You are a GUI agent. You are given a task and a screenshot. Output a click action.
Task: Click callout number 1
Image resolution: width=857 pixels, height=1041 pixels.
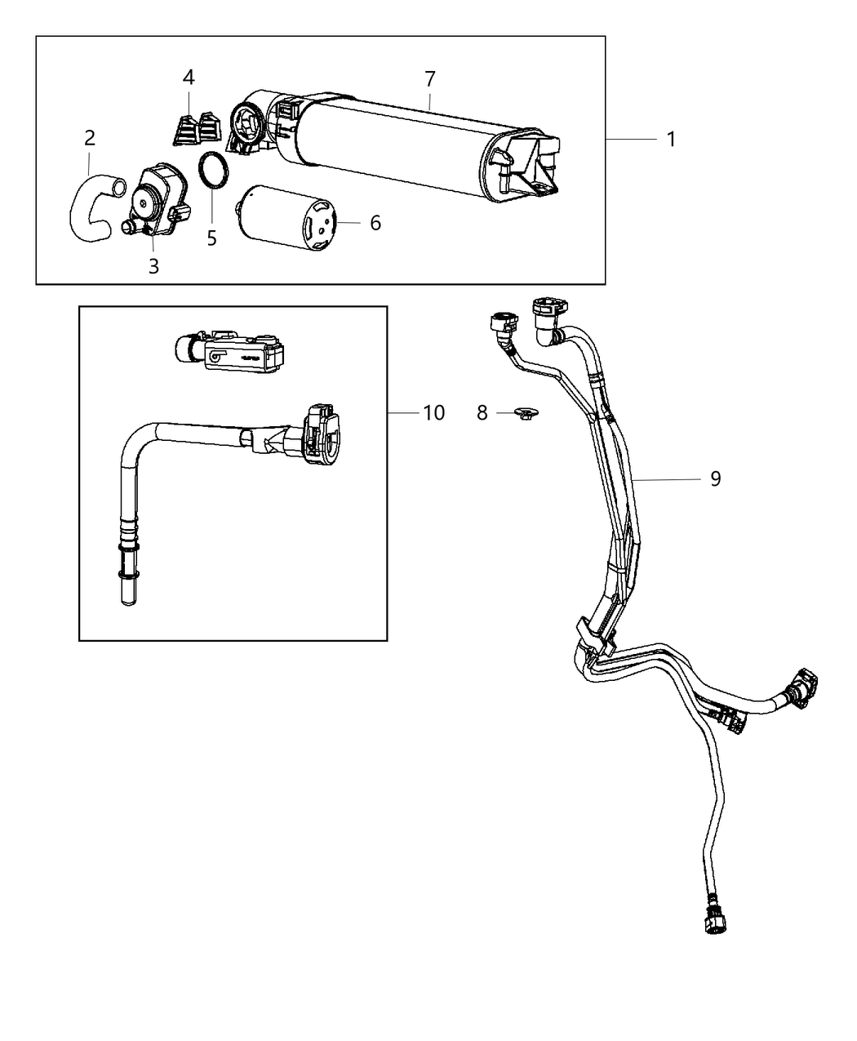click(x=671, y=140)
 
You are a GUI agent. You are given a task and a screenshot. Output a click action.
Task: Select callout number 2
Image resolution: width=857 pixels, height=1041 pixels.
click(x=90, y=138)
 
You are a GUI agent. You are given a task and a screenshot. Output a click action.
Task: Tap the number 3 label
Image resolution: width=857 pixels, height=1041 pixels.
click(x=153, y=265)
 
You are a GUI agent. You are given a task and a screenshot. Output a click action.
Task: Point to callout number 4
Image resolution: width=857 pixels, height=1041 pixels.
click(x=189, y=78)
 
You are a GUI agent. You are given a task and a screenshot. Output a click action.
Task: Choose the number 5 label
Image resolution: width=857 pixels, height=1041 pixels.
click(x=211, y=238)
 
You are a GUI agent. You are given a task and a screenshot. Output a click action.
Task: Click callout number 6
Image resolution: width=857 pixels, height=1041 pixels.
click(x=375, y=223)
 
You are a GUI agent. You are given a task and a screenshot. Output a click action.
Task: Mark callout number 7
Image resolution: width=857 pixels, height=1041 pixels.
click(x=430, y=79)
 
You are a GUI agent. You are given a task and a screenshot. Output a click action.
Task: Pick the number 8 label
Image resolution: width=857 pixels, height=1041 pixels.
click(x=482, y=413)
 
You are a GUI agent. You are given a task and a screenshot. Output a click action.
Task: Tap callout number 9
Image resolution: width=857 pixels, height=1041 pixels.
click(x=715, y=478)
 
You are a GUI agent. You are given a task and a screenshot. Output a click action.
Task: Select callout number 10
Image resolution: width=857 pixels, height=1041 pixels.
click(x=433, y=413)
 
